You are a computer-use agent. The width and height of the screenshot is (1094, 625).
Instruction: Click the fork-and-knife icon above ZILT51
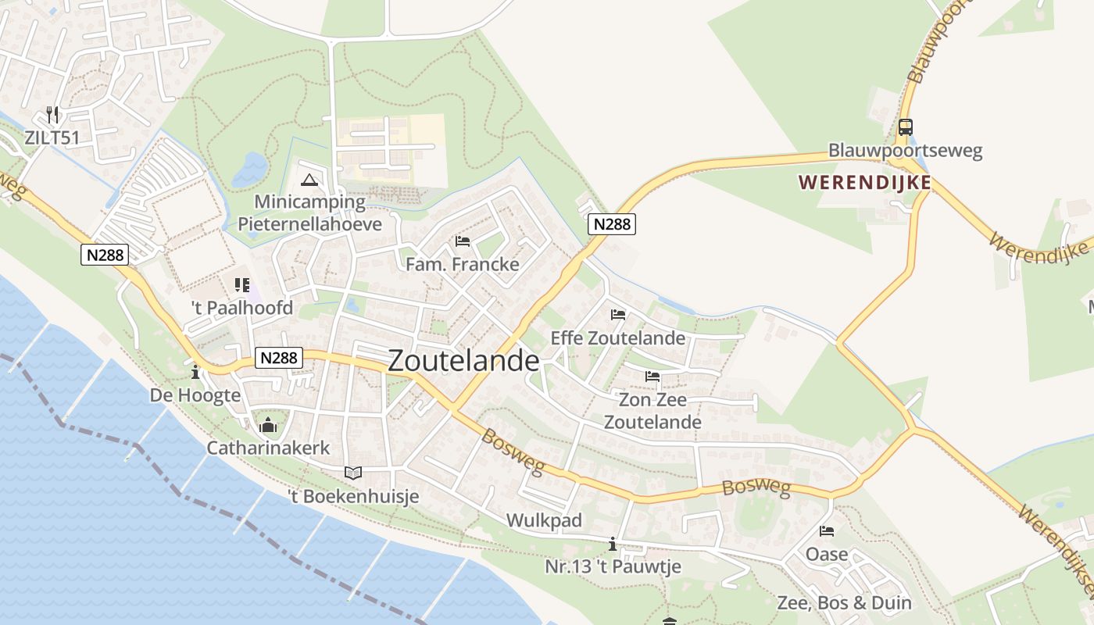point(52,115)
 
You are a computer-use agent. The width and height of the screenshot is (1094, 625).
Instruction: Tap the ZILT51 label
point(52,137)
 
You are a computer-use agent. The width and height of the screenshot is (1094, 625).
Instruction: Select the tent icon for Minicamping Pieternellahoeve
point(310,180)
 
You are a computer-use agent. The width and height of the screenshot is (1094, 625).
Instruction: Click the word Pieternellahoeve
point(309,224)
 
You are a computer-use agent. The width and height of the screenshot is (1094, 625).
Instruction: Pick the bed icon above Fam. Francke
point(463,241)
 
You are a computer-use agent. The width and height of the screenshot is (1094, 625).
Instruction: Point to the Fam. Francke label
point(462,264)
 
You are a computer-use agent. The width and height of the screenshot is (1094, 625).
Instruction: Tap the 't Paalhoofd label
point(242,308)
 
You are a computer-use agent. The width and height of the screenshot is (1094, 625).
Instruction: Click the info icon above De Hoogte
point(195,373)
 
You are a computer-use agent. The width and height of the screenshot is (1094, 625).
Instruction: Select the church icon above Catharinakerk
point(268,425)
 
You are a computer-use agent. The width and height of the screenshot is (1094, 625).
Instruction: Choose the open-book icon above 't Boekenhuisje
point(353,473)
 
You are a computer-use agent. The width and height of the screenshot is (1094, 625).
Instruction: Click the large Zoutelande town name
point(463,360)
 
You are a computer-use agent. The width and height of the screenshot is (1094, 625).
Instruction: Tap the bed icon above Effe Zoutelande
point(618,315)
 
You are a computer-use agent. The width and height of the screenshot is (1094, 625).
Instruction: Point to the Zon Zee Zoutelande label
point(652,411)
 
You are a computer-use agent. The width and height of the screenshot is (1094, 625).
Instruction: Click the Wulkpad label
point(544,520)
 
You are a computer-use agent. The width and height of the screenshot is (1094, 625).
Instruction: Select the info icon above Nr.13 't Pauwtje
point(613,544)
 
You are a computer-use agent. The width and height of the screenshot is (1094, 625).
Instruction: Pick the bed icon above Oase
point(827,532)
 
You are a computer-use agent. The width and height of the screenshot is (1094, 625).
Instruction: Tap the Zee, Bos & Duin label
point(844,602)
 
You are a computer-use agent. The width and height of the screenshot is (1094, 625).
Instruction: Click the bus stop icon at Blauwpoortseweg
point(905,127)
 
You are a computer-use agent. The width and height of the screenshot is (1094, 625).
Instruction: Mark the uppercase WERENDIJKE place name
point(864,183)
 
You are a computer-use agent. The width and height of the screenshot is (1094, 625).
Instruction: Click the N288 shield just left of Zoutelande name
point(279,358)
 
